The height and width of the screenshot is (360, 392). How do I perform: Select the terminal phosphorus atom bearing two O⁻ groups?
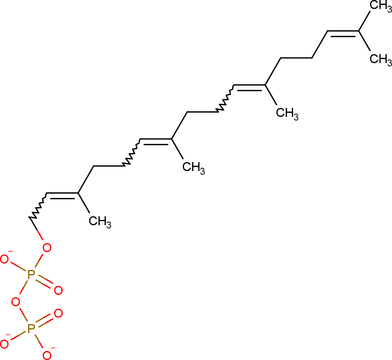(x=31, y=329)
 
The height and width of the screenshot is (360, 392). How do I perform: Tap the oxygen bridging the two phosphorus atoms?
(x=15, y=302)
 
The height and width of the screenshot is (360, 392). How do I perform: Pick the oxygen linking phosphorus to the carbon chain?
(x=47, y=248)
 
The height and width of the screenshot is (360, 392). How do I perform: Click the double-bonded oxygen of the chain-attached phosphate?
(x=58, y=290)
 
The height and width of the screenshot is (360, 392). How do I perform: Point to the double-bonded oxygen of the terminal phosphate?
(x=58, y=313)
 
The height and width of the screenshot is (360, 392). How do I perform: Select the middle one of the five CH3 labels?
(x=287, y=113)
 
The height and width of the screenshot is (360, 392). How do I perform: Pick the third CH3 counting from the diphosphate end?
(x=287, y=113)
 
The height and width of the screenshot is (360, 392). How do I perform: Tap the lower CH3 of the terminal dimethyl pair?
(x=381, y=59)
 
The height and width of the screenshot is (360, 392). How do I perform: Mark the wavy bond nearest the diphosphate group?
(x=38, y=206)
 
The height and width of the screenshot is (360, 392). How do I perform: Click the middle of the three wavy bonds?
(x=132, y=152)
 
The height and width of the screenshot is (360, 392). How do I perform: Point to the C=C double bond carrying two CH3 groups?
(x=343, y=33)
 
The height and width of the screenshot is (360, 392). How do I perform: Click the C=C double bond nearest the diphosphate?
(x=63, y=195)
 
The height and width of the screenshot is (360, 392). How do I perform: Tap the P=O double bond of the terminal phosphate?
(x=44, y=321)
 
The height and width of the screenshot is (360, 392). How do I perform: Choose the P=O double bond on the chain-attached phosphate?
(x=44, y=282)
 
